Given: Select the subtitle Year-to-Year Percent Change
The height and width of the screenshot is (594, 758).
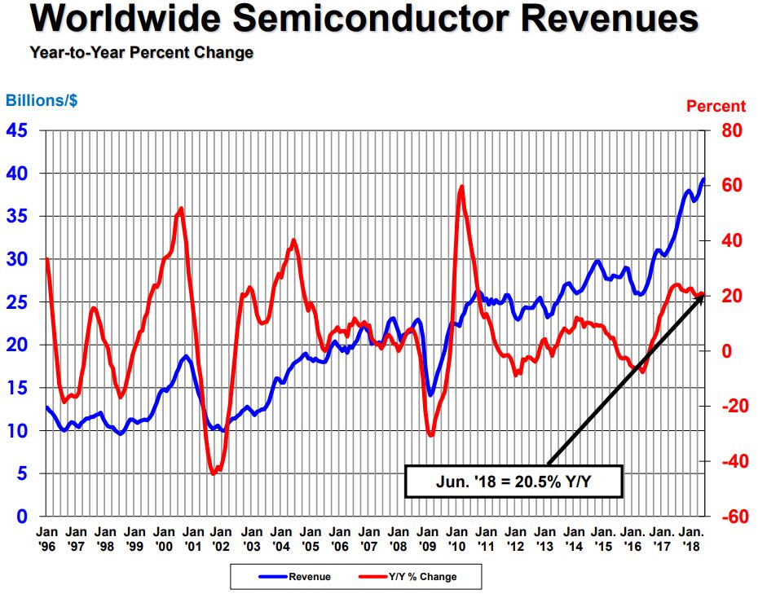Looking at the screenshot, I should coord(141,53).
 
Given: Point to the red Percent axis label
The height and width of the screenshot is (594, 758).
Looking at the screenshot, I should coord(716,106).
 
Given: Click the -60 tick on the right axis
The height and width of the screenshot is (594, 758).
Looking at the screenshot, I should coord(728,517).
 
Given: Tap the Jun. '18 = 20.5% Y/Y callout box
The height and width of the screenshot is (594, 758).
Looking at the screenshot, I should coord(513,481).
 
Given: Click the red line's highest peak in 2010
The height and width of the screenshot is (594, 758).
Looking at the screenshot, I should coord(461,187).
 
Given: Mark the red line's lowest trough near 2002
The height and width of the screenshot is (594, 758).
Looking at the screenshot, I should coord(214,473).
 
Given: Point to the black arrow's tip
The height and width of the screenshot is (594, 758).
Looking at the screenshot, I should coord(703,295).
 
